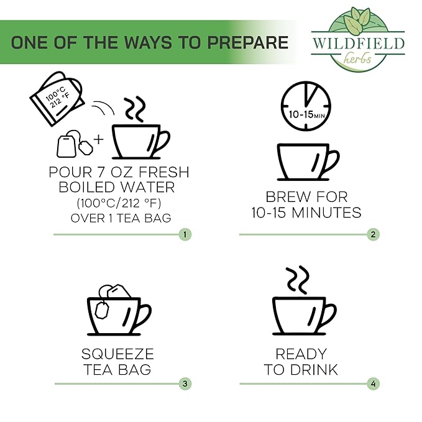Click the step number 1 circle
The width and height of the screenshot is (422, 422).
click(185, 234)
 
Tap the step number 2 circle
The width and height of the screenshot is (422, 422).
click(373, 234)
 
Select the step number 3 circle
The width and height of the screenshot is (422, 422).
click(185, 384)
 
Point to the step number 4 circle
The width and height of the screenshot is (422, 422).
click(373, 384)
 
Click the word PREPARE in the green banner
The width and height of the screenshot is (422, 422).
click(248, 42)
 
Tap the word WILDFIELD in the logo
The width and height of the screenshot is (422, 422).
click(358, 43)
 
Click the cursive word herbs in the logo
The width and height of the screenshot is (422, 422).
click(357, 58)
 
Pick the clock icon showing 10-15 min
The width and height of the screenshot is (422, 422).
click(306, 106)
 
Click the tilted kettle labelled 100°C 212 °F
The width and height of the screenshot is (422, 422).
click(57, 98)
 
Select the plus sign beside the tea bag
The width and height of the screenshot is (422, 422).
click(98, 139)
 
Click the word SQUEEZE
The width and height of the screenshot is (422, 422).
click(117, 354)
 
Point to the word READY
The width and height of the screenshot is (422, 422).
click(301, 354)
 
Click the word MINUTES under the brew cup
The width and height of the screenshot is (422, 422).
click(326, 213)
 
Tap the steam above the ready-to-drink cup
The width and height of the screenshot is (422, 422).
click(298, 280)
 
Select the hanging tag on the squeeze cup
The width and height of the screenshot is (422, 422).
click(102, 310)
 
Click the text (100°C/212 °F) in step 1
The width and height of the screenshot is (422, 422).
click(119, 203)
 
